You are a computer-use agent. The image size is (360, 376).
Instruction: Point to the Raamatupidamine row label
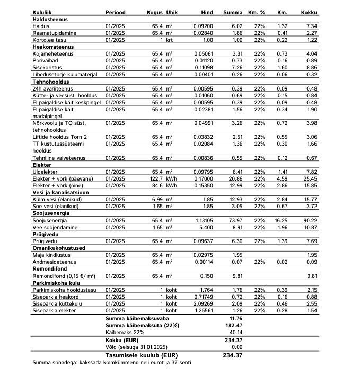pyautogui.click(x=55, y=33)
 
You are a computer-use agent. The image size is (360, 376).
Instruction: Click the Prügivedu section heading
pyautogui.click(x=46, y=234)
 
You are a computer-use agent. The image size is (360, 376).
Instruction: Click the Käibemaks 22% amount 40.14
pyautogui.click(x=234, y=331)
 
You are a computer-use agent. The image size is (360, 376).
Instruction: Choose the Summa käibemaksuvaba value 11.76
pyautogui.click(x=234, y=318)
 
